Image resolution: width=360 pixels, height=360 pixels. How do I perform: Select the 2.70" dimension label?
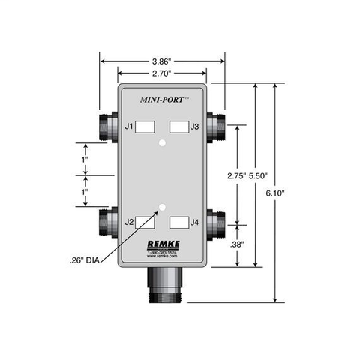[x=162, y=73]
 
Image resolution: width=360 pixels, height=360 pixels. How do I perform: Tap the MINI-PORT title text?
[x=163, y=97]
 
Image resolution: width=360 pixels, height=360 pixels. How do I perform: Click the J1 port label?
[x=129, y=127]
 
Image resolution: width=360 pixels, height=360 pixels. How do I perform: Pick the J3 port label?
[x=195, y=127]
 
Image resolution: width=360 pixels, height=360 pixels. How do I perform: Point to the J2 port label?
[x=129, y=222]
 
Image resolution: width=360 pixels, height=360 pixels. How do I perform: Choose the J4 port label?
[x=195, y=222]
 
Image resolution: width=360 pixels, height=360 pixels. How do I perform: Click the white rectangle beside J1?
[x=145, y=127]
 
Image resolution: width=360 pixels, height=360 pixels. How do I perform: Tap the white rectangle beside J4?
[x=178, y=222]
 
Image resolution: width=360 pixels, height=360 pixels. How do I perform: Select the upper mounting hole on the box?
[x=162, y=141]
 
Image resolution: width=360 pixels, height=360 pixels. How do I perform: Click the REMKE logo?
[x=162, y=244]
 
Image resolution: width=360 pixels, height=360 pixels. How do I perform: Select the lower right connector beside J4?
[x=217, y=223]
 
